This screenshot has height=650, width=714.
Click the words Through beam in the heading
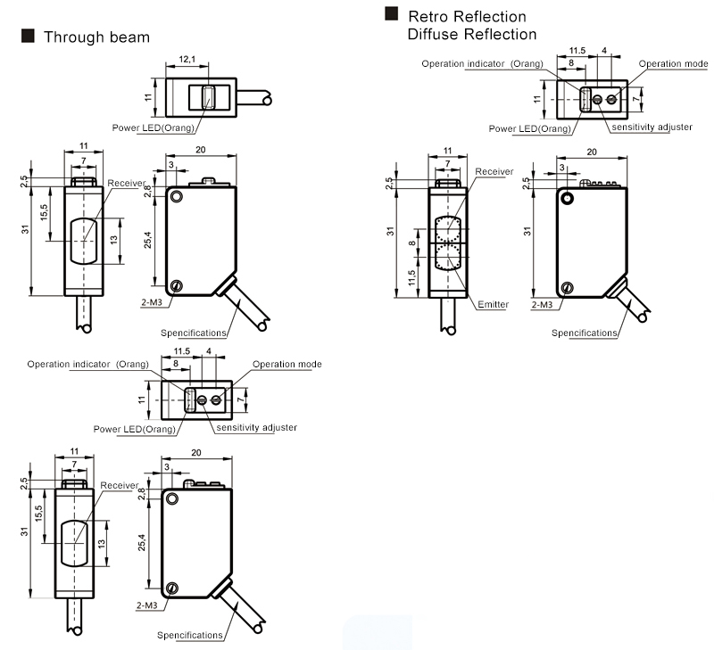click(x=96, y=37)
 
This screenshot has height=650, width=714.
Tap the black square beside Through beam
click(x=28, y=36)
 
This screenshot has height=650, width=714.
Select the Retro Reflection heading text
click(x=467, y=16)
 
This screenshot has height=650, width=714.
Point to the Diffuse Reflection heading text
click(x=471, y=34)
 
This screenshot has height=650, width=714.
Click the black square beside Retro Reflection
click(x=391, y=14)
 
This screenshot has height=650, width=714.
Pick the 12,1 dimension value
click(x=187, y=59)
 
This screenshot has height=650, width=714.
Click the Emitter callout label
click(x=493, y=305)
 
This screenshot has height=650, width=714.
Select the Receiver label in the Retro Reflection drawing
click(x=494, y=171)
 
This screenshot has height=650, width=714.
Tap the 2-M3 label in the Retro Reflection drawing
click(x=542, y=305)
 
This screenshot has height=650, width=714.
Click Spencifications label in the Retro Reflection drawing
click(x=585, y=333)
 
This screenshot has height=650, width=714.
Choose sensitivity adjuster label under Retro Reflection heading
click(x=652, y=128)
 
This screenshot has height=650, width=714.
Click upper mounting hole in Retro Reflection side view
click(x=567, y=199)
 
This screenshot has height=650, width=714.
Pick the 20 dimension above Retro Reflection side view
click(x=590, y=152)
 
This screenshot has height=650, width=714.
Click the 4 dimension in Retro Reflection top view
click(x=604, y=51)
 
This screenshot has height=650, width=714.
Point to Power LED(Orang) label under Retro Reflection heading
click(x=530, y=128)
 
